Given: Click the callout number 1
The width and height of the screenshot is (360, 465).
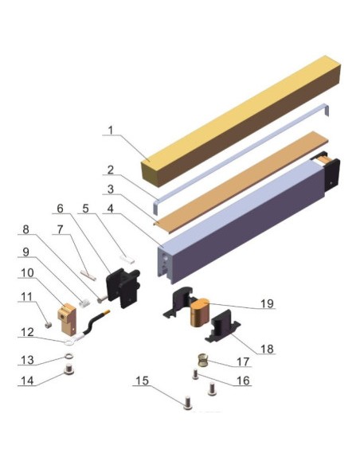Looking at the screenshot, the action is pyautogui.click(x=111, y=131).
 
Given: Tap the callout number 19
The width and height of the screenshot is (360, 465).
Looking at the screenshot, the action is pyautogui.click(x=267, y=303).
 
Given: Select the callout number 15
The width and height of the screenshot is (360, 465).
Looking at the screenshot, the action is pyautogui.click(x=142, y=381).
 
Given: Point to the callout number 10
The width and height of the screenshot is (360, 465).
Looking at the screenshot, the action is pyautogui.click(x=27, y=272).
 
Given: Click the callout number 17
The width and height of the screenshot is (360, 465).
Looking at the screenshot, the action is pyautogui.click(x=243, y=361).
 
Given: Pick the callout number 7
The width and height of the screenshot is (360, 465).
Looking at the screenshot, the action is pyautogui.click(x=61, y=229).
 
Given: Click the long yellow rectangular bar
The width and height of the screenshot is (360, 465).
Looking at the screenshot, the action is pyautogui.click(x=241, y=121).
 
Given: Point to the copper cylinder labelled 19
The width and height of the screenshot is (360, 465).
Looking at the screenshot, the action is pyautogui.click(x=200, y=313).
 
